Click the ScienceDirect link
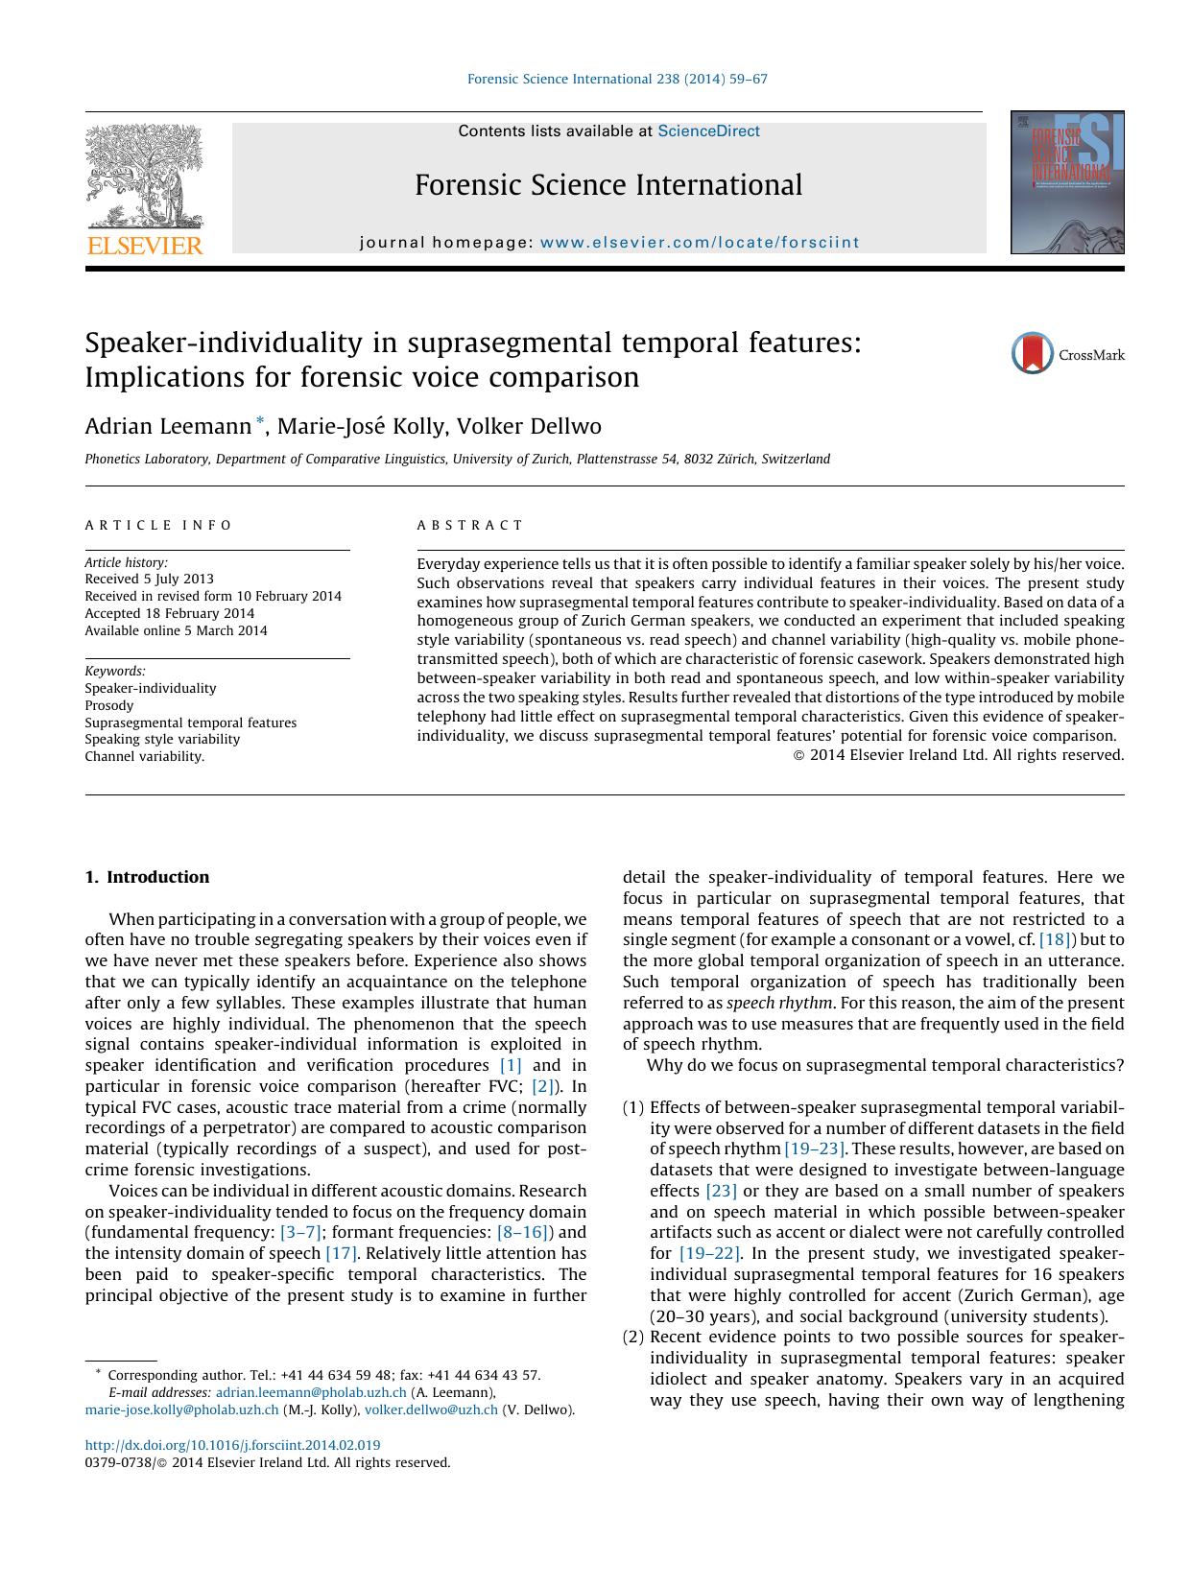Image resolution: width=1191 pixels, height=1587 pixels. click(708, 131)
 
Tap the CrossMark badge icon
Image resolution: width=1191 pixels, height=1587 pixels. click(1033, 353)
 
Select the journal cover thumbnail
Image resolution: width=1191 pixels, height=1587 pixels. click(1066, 182)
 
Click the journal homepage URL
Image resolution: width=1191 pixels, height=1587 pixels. click(700, 243)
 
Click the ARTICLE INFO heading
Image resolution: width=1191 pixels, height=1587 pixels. click(158, 525)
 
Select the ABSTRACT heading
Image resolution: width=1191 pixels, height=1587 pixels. click(470, 525)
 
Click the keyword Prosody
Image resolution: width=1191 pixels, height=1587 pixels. click(109, 705)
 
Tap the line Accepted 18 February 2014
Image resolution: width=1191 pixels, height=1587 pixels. click(170, 613)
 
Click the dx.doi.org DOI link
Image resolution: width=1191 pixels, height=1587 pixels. click(232, 1445)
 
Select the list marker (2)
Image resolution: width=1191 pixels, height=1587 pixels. click(632, 1337)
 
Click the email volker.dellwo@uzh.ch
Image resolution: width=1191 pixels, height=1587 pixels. click(431, 1409)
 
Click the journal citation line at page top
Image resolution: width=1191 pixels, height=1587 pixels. click(616, 79)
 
